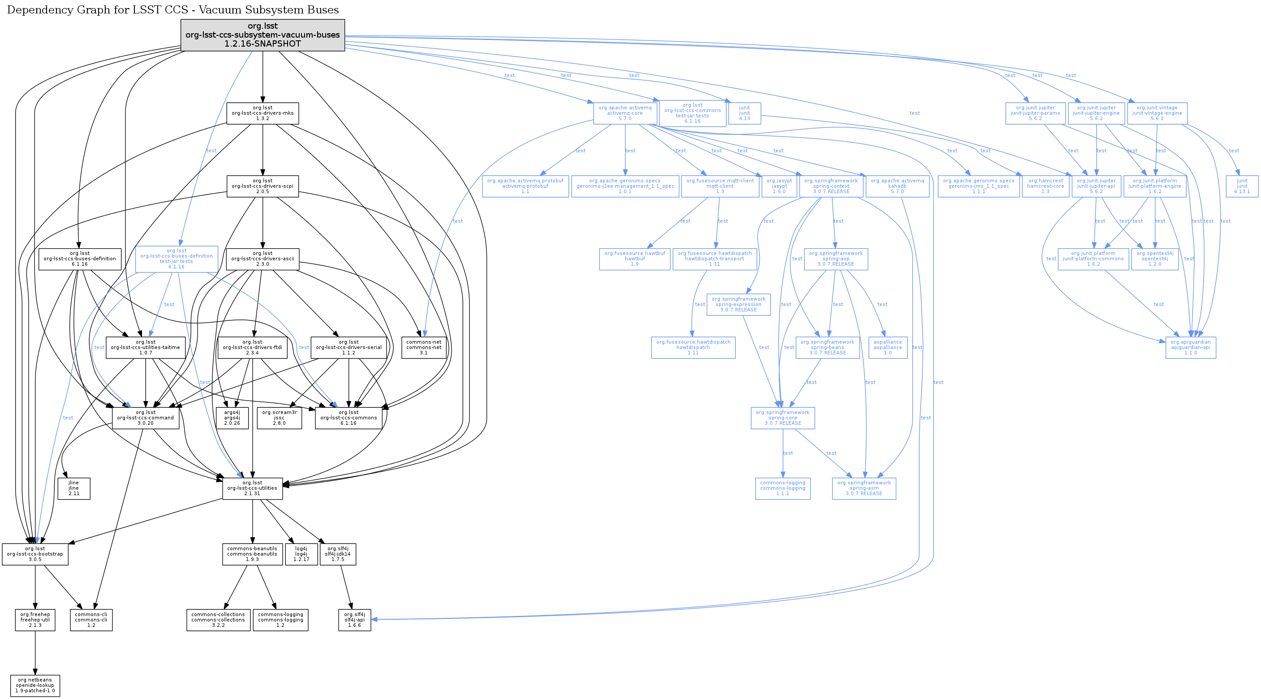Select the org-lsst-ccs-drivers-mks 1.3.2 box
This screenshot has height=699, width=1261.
pos(263,113)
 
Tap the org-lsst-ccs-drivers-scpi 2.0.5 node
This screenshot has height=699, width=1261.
pos(263,186)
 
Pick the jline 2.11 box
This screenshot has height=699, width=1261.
pos(74,488)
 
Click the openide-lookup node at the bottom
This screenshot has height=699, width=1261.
pos(35,685)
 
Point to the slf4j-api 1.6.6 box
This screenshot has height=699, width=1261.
pos(354,620)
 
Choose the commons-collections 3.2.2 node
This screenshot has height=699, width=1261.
pos(218,620)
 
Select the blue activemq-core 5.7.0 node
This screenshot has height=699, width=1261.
pos(624,113)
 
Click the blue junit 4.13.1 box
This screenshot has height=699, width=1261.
pos(1242,186)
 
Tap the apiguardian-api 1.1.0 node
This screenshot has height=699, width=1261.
pos(1191,348)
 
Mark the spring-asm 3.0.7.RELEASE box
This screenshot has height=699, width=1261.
pos(864,488)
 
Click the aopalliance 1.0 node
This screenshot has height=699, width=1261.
pos(887,348)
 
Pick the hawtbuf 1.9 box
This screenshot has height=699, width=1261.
pos(634,259)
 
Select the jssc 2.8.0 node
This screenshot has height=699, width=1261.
pos(279,418)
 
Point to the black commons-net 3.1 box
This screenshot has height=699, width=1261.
pos(423,348)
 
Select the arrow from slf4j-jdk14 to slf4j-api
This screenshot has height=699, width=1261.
pos(346,587)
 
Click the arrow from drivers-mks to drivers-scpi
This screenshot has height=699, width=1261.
pos(263,149)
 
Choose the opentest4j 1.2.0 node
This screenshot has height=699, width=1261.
pos(1155,259)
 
